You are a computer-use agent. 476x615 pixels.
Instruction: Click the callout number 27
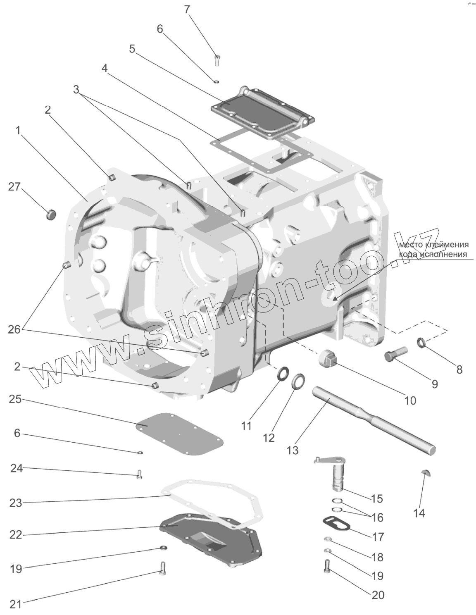[14, 187]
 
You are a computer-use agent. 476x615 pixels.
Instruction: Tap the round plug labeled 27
[51, 215]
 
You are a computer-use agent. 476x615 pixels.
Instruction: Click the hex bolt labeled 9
[394, 354]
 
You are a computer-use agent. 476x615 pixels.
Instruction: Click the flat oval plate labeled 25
[180, 434]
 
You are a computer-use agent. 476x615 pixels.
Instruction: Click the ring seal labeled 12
[298, 381]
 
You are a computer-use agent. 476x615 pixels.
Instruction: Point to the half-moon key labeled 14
[426, 473]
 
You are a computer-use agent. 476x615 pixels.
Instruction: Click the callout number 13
[292, 450]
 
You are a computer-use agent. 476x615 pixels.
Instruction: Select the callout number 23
[16, 503]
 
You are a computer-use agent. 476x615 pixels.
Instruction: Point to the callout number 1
[17, 131]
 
